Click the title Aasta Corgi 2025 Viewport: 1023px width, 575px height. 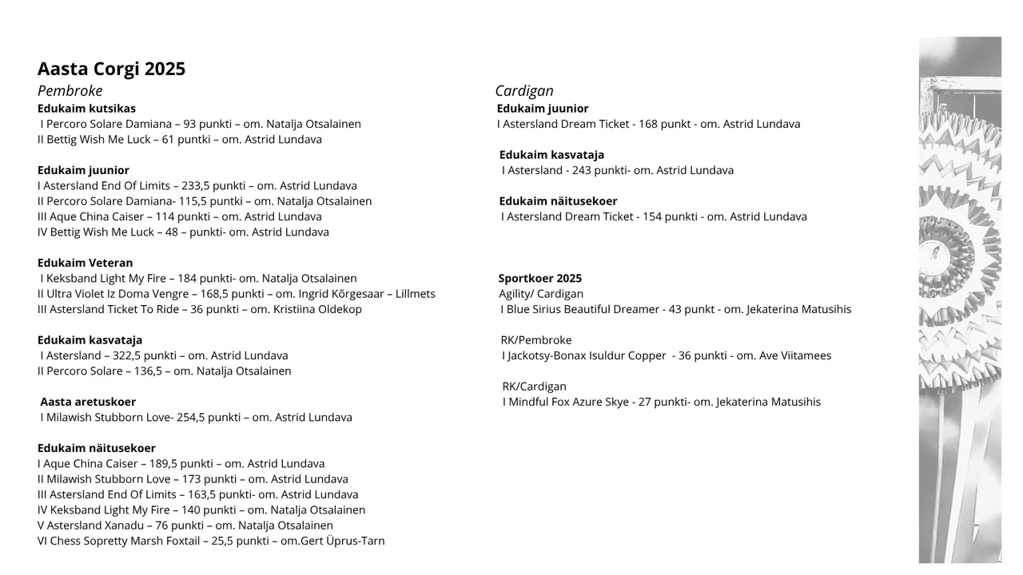pyautogui.click(x=111, y=69)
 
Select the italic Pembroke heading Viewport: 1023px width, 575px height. pyautogui.click(x=70, y=91)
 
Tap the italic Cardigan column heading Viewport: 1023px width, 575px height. pyautogui.click(x=524, y=91)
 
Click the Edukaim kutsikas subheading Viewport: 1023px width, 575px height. pyautogui.click(x=86, y=109)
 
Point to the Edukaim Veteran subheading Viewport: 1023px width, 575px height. pyautogui.click(x=86, y=263)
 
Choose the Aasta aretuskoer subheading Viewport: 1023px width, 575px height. pyautogui.click(x=88, y=402)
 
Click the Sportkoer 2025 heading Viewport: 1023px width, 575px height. pyautogui.click(x=540, y=279)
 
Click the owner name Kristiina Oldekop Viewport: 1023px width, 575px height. pyautogui.click(x=317, y=309)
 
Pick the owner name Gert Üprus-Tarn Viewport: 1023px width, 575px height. pyautogui.click(x=343, y=541)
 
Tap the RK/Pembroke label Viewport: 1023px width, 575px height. pyautogui.click(x=536, y=340)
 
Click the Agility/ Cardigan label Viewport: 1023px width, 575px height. pyautogui.click(x=541, y=294)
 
